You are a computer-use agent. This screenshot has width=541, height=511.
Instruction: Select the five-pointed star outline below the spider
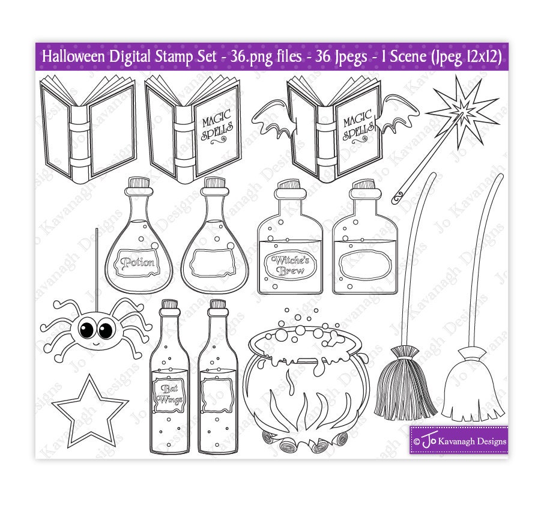click(89, 412)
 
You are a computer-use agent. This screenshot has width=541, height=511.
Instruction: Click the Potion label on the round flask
click(138, 262)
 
